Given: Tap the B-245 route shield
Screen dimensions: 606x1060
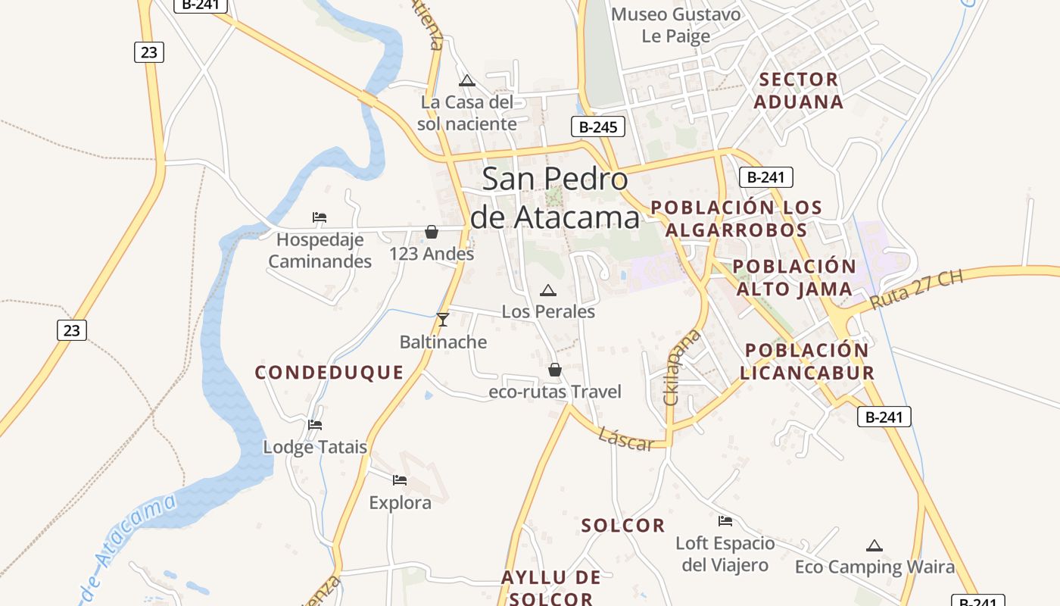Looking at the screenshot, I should [x=597, y=127].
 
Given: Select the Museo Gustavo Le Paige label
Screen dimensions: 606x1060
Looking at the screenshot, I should [x=676, y=25].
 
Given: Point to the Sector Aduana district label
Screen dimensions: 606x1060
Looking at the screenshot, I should [x=799, y=90].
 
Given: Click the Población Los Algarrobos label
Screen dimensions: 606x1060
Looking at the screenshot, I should [x=737, y=218].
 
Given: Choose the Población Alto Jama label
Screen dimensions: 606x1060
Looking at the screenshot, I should [x=794, y=278].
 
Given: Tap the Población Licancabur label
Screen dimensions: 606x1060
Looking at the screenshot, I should [x=807, y=361].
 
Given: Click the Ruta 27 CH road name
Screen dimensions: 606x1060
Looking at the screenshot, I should [x=916, y=289].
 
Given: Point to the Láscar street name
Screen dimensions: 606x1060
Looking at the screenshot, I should [x=625, y=439].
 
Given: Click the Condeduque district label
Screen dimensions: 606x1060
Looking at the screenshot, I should [x=329, y=373].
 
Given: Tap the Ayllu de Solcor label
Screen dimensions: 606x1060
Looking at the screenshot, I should [x=550, y=588].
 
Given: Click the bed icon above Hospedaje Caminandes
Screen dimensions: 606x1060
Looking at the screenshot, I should [x=320, y=217].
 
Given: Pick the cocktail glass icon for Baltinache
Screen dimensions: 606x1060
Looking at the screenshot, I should [x=443, y=320].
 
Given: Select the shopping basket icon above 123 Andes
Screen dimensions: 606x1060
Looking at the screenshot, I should [x=432, y=232].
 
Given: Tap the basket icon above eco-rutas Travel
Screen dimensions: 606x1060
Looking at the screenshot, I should [x=555, y=370].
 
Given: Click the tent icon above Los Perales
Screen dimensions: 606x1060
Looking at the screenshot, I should [x=547, y=290].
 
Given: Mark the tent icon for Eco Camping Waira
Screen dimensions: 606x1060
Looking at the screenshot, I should [x=874, y=545].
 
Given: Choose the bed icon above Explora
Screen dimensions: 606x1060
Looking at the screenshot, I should [x=400, y=480].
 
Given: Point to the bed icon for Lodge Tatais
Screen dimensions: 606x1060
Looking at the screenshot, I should [x=315, y=425].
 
